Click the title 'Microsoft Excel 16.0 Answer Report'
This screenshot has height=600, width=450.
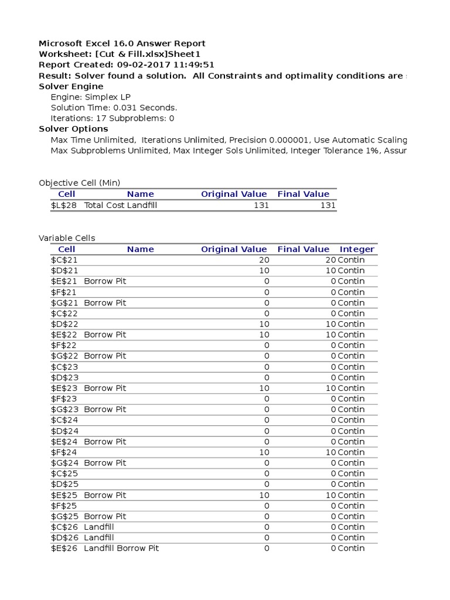coord(122,43)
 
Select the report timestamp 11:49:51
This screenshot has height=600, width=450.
coord(195,65)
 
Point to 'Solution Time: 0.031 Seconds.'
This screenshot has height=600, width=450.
coord(114,108)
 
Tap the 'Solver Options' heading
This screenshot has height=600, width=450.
coord(73,129)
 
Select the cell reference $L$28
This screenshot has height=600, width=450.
coord(64,205)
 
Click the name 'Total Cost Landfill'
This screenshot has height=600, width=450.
coord(121,205)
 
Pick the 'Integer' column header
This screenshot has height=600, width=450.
coord(357,249)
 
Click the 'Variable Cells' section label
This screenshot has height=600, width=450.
coord(67,238)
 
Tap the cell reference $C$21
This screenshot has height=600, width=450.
coord(64,260)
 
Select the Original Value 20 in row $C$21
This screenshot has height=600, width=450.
coord(264,260)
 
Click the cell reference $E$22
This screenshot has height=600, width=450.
coord(64,335)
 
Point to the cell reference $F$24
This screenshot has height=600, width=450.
coord(64,452)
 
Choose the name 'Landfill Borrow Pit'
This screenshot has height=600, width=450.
coord(121,548)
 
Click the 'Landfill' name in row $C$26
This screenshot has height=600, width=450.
coord(99,527)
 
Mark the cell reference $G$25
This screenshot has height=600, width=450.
coord(64,516)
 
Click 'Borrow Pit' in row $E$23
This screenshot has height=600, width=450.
coord(105,388)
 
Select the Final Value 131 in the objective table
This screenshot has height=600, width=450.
coord(328,205)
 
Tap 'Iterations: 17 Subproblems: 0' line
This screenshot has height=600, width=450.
coord(112,118)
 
